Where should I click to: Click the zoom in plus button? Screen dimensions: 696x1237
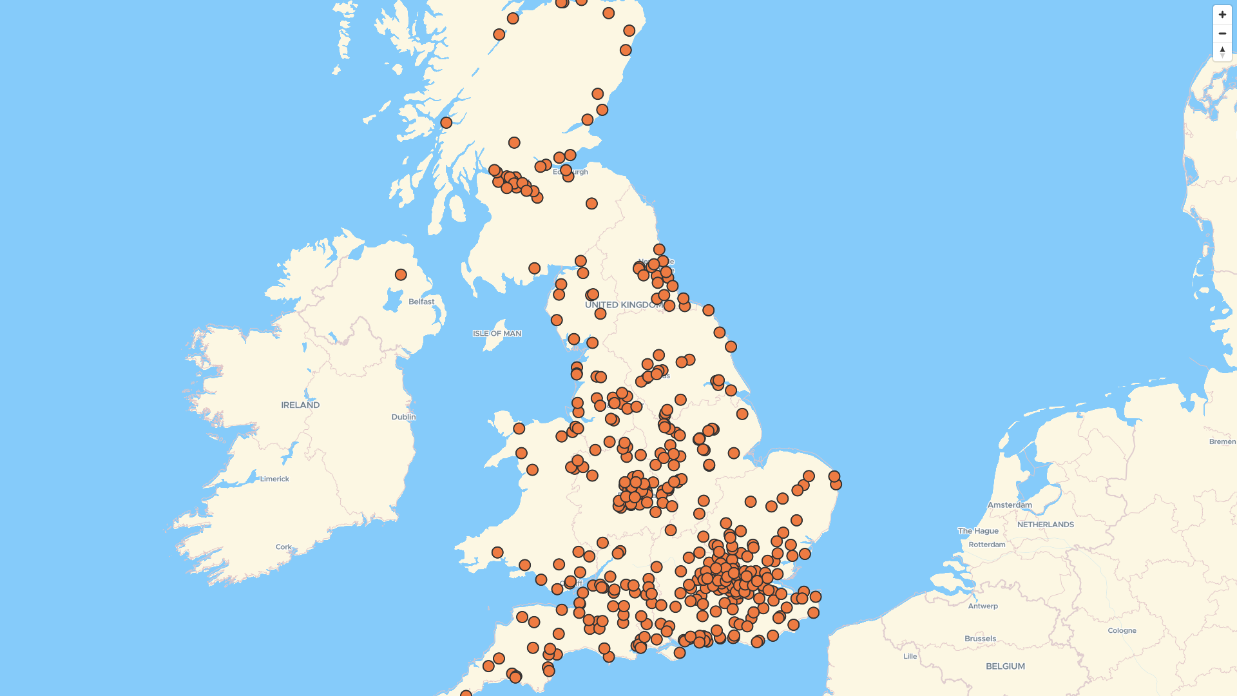click(x=1222, y=14)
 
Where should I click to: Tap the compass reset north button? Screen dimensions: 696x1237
click(x=1222, y=52)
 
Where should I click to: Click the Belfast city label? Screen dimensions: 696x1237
click(x=421, y=302)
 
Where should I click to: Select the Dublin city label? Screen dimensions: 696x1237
click(x=403, y=417)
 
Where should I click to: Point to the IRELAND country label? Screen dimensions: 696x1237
click(x=300, y=405)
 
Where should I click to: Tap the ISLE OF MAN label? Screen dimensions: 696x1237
click(x=497, y=334)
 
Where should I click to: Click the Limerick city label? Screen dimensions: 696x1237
click(x=274, y=479)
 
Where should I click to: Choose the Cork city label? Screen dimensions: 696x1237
click(x=283, y=547)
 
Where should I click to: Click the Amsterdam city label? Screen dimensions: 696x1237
click(x=1010, y=505)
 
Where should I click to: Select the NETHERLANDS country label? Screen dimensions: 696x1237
click(x=1046, y=525)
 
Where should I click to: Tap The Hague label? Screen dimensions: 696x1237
click(x=978, y=531)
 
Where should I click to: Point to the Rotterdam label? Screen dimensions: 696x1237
click(x=986, y=545)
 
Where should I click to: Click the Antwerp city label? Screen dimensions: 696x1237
click(x=983, y=606)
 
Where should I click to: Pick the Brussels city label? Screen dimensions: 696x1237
click(x=980, y=639)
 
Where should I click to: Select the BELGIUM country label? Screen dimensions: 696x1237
click(x=1005, y=666)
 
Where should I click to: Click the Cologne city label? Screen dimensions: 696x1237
click(x=1122, y=631)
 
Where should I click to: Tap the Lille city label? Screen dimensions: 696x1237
click(x=910, y=657)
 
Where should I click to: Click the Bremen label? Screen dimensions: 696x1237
click(x=1222, y=442)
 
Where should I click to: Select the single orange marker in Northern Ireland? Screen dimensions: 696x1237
click(x=401, y=275)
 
